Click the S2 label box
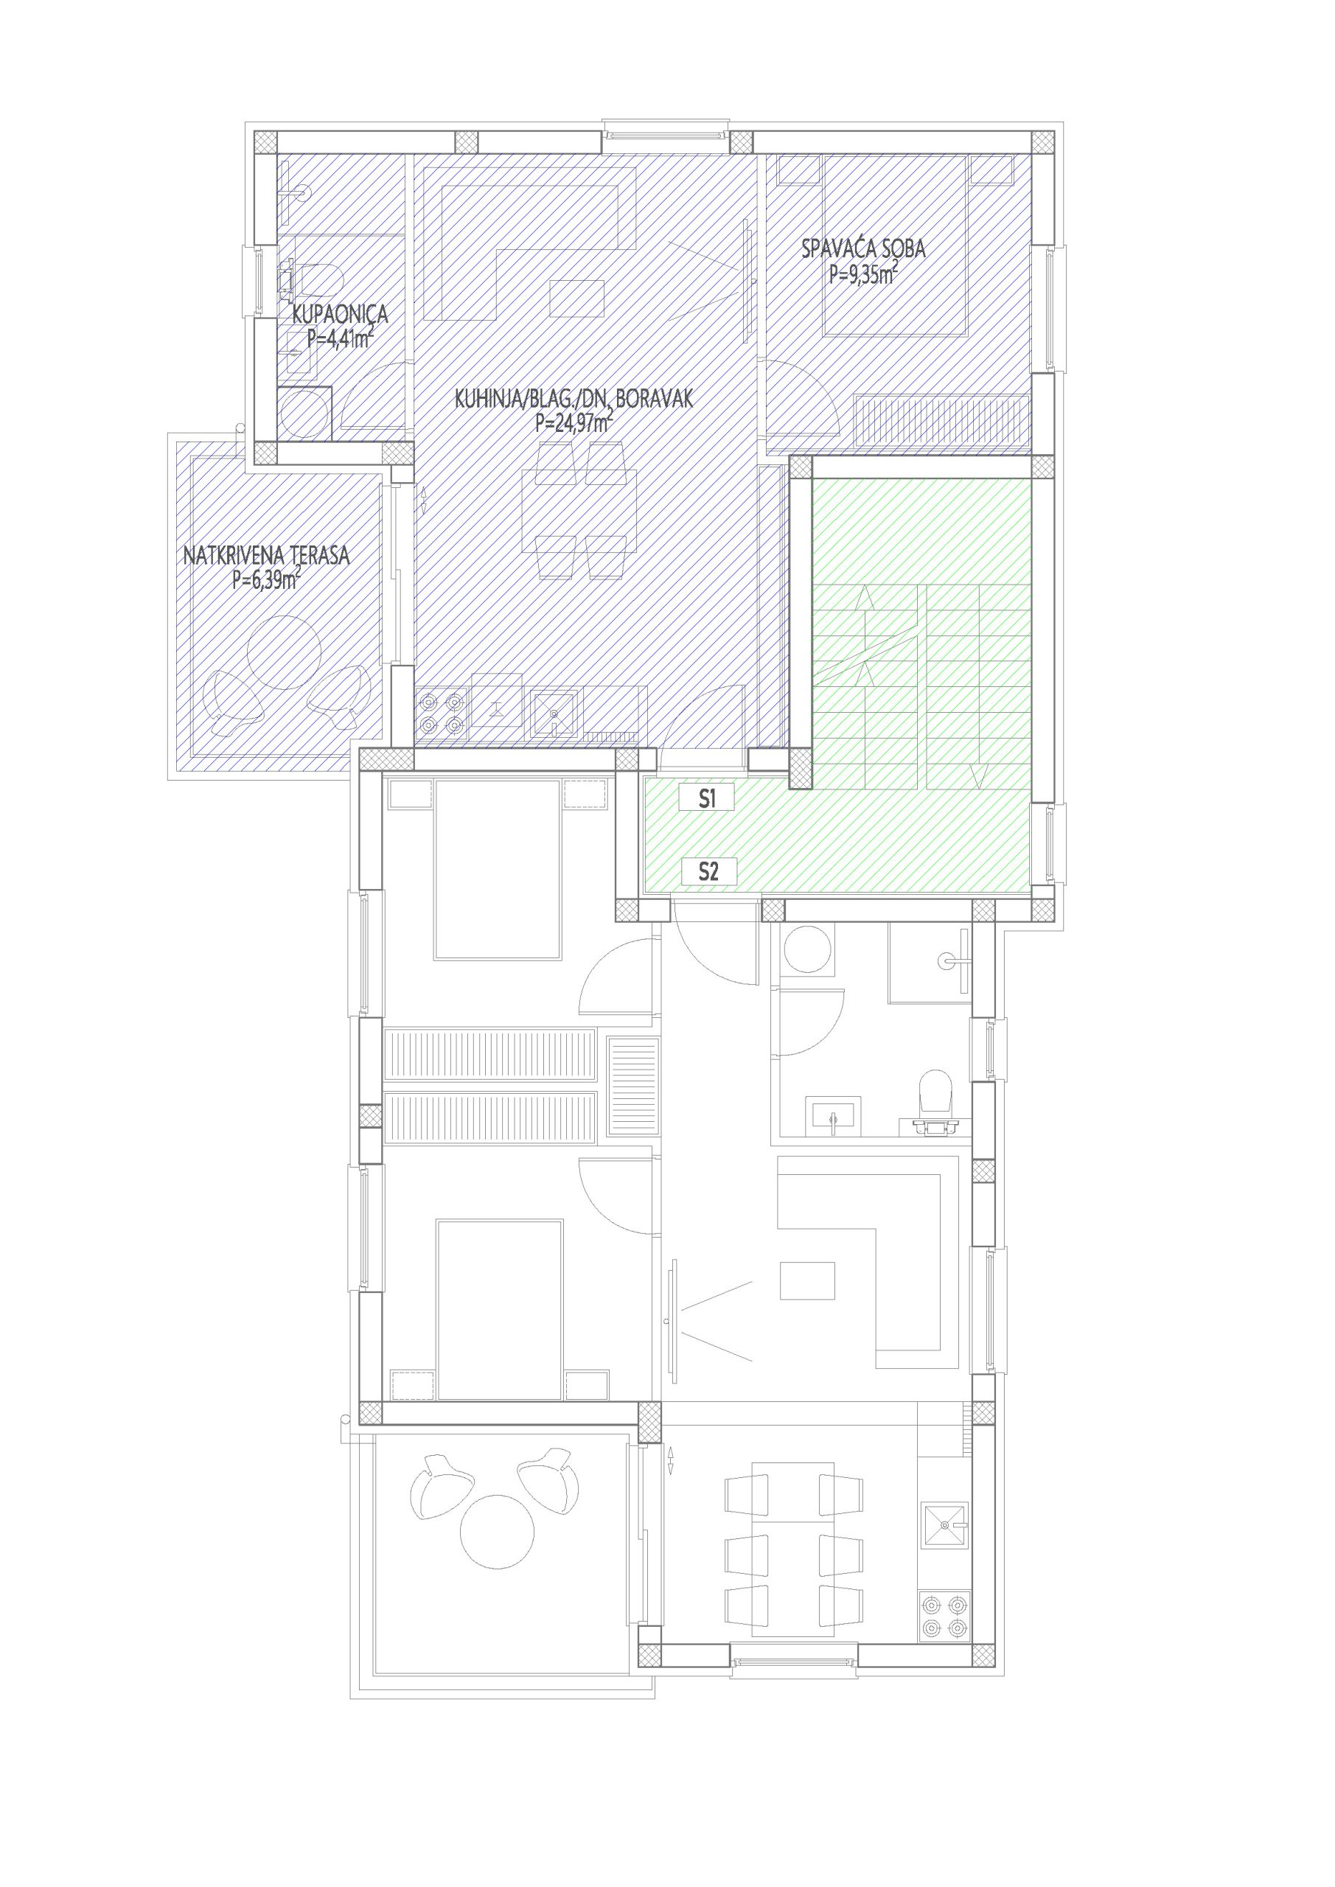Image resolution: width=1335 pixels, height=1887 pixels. click(x=708, y=871)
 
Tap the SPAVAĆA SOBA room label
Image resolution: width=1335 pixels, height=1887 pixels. click(x=863, y=248)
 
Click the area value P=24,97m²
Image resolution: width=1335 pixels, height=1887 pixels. click(x=574, y=423)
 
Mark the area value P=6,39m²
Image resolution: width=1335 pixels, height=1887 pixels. click(x=266, y=580)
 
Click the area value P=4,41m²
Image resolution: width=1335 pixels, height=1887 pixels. click(x=341, y=338)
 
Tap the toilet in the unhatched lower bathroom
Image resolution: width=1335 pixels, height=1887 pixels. click(x=935, y=1099)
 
